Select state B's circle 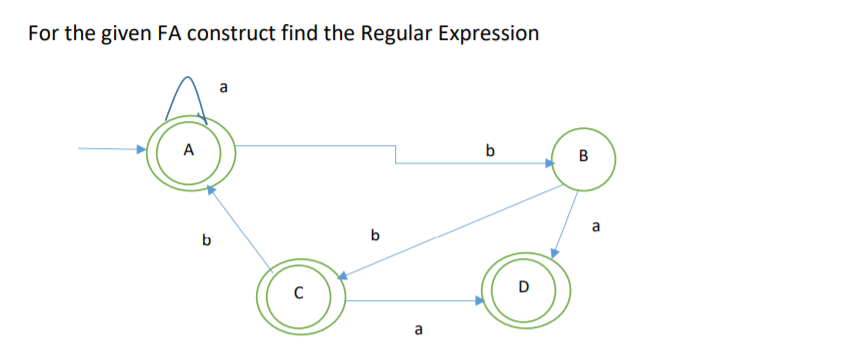click(583, 156)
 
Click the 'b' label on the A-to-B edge click(489, 152)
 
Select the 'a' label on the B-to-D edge click(597, 227)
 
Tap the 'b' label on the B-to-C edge click(375, 237)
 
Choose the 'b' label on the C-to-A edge click(206, 240)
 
